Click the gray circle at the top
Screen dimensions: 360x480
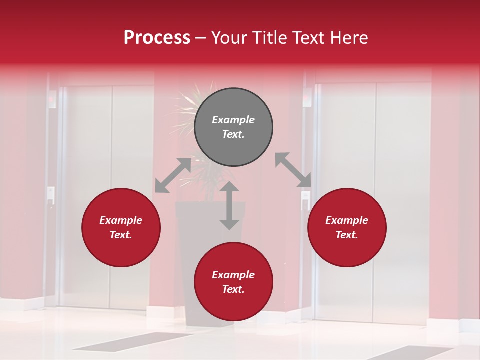[x=233, y=127]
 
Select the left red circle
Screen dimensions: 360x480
[x=121, y=228]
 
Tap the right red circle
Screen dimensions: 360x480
[x=347, y=228]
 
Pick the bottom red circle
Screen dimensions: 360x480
[x=233, y=282]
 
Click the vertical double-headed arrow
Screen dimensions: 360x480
[x=229, y=205]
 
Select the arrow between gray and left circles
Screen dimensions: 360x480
[x=173, y=175]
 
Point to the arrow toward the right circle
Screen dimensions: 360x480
[x=293, y=170]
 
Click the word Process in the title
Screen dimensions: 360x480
[x=157, y=37]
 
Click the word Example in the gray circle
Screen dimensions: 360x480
[x=233, y=120]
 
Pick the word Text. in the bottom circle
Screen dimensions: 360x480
[x=233, y=289]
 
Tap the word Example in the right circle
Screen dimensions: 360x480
[x=347, y=220]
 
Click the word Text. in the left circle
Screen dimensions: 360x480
[x=121, y=235]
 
